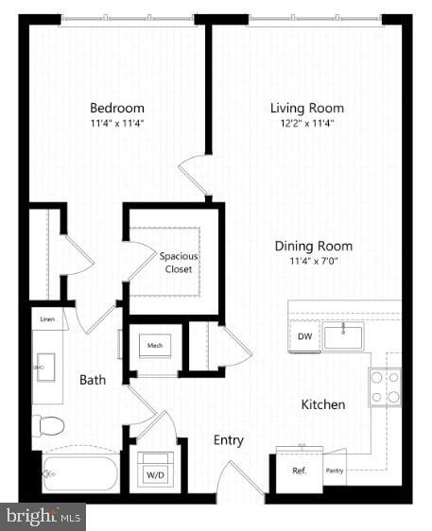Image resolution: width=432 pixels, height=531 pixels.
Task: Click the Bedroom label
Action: (116, 108)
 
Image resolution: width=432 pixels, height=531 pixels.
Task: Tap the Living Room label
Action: (306, 108)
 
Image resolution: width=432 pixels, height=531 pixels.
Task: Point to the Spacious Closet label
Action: (178, 263)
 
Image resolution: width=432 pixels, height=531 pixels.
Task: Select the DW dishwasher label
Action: (305, 336)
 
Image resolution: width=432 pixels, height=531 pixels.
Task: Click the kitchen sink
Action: (343, 335)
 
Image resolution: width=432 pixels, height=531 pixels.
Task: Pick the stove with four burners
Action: (385, 386)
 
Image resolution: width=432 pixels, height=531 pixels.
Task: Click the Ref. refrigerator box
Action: (299, 470)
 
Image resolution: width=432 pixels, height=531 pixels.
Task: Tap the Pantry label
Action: (334, 470)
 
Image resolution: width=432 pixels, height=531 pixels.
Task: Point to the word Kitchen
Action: (322, 404)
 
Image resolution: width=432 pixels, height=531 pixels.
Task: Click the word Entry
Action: (228, 440)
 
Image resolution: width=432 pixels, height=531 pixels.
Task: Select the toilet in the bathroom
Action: (48, 424)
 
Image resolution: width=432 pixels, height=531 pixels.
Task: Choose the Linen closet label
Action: (47, 321)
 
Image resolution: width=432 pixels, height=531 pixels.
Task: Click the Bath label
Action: (93, 380)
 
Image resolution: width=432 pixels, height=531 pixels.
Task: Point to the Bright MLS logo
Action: (43, 516)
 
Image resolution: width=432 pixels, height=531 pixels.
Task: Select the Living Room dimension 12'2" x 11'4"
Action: (306, 123)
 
